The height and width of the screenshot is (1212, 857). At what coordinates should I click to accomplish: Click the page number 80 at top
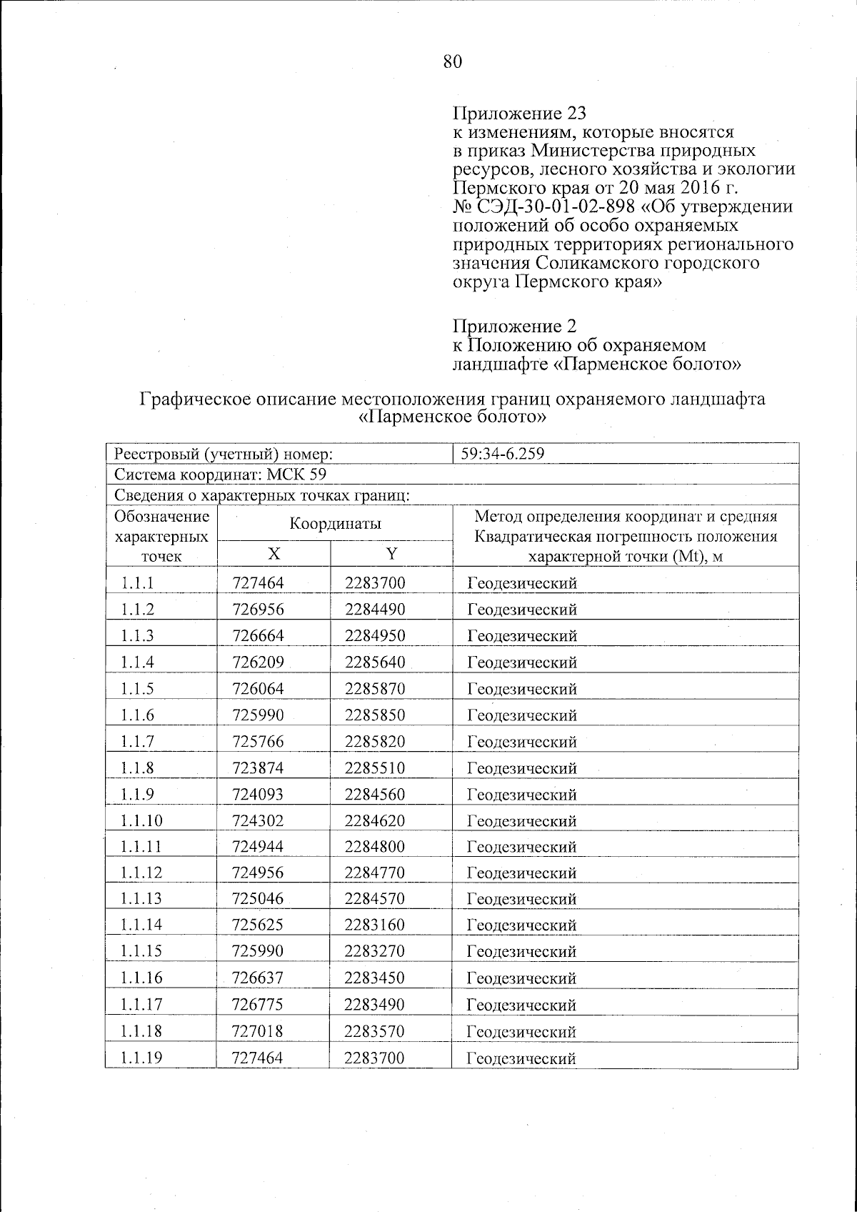coord(453,62)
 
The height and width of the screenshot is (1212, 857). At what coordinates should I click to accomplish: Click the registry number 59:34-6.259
coord(504,453)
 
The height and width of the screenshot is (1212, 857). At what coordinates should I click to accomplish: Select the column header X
coord(274,554)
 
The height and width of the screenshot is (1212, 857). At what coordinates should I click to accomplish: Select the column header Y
coord(391,554)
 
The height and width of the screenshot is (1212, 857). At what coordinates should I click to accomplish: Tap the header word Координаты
coord(335,524)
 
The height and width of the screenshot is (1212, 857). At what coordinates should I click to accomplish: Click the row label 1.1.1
coord(138,583)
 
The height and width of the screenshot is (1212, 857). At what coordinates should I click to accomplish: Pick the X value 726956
coord(258,610)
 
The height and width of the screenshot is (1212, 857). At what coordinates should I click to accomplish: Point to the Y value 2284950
coord(374,636)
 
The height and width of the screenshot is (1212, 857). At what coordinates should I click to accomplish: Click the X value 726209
coord(258,662)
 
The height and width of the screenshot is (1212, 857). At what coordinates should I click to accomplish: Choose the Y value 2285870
coord(374,689)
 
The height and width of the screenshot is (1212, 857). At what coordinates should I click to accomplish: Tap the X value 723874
coord(258,768)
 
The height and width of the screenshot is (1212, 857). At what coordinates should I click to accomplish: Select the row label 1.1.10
coord(141,820)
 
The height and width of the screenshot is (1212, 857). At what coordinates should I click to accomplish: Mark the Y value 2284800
coord(374,847)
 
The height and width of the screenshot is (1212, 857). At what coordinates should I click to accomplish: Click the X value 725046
coord(258,899)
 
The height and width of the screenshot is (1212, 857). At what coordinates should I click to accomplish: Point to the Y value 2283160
coord(374,925)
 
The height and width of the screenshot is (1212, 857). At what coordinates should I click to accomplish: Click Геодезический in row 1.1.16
coord(521,978)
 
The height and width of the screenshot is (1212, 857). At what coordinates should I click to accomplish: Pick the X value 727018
coord(258,1031)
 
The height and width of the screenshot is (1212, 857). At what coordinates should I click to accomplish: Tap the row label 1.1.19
coord(141,1058)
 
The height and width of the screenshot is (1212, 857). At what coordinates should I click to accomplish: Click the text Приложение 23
coord(519,114)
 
